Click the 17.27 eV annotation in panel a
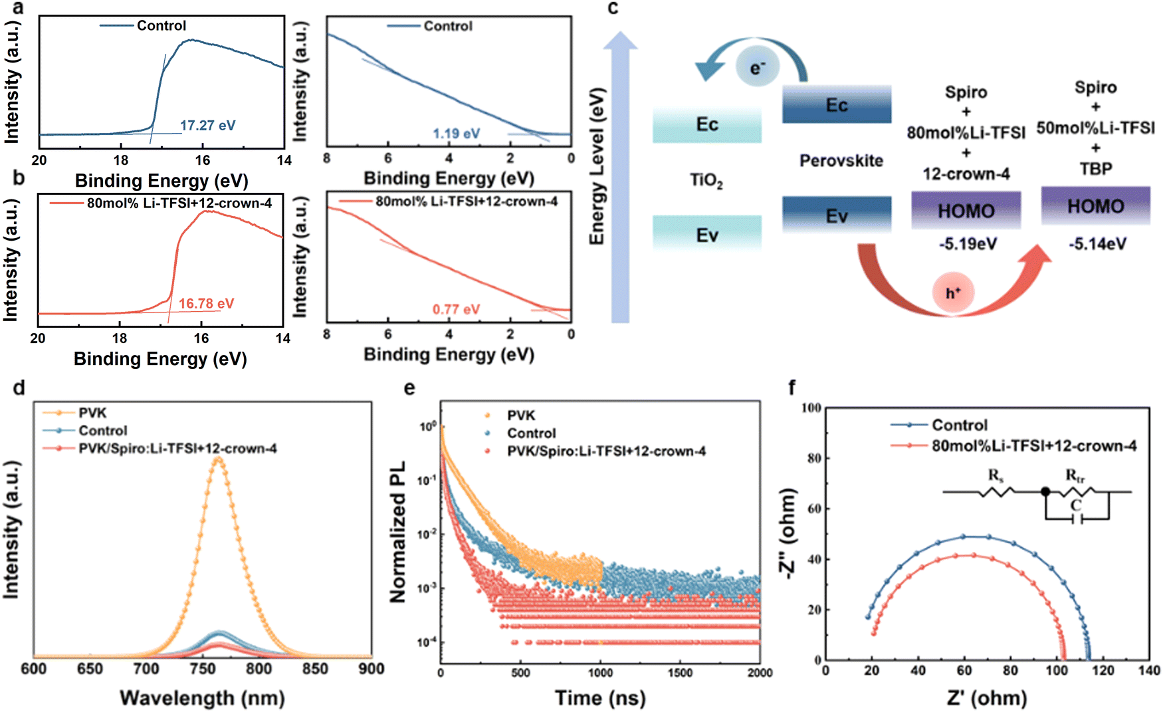(x=207, y=126)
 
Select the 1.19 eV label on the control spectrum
(x=456, y=134)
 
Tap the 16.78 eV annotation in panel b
(x=206, y=304)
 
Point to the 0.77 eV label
(x=456, y=309)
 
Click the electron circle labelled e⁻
(x=757, y=67)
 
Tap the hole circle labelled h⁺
(x=953, y=293)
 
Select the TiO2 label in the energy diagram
(x=706, y=180)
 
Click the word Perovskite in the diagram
(x=841, y=161)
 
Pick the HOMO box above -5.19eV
(x=966, y=211)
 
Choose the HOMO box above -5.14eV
(x=1095, y=206)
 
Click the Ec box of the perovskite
(x=837, y=105)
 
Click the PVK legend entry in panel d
(x=92, y=413)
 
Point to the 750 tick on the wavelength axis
(x=203, y=669)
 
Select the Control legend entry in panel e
(x=531, y=433)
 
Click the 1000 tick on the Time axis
(x=600, y=673)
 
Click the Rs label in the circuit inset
(x=996, y=475)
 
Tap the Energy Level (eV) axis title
(x=597, y=166)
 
